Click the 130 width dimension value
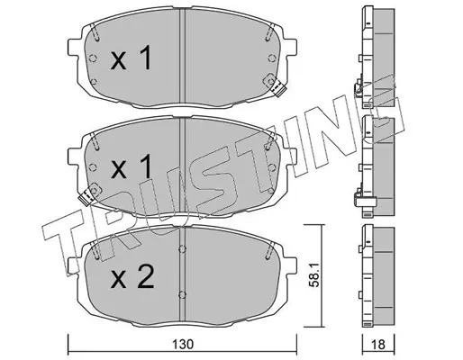pos(183,345)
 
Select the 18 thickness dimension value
pos(378,345)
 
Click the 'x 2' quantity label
pos(132,277)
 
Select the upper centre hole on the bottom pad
pos(182,249)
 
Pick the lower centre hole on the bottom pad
pos(182,295)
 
